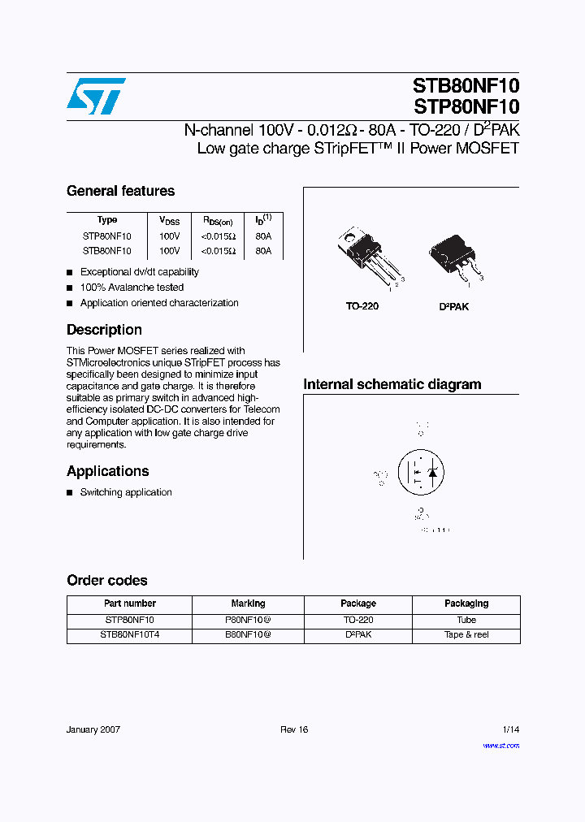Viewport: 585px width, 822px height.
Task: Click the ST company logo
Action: pyautogui.click(x=96, y=97)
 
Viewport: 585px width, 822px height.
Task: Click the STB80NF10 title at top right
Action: pyautogui.click(x=466, y=87)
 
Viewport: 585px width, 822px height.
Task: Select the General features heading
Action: pyautogui.click(x=120, y=191)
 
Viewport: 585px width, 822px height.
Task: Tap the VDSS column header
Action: pyautogui.click(x=169, y=221)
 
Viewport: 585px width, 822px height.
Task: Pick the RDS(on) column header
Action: pyautogui.click(x=218, y=221)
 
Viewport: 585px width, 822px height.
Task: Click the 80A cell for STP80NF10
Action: pyautogui.click(x=263, y=236)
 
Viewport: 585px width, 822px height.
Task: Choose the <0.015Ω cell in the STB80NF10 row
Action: pyautogui.click(x=219, y=252)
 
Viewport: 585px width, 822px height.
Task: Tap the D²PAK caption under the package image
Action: pyautogui.click(x=454, y=307)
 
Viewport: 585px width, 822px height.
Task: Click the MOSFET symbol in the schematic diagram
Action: pyautogui.click(x=421, y=472)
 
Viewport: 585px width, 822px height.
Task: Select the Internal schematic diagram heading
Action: pyautogui.click(x=392, y=384)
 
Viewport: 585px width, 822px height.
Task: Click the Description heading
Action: pyautogui.click(x=104, y=330)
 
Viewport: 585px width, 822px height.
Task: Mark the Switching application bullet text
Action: pyautogui.click(x=126, y=492)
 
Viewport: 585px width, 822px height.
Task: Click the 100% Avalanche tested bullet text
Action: pyautogui.click(x=132, y=288)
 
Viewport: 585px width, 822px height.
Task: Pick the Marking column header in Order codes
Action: pyautogui.click(x=248, y=604)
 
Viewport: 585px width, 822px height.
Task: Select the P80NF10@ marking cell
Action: pyautogui.click(x=248, y=620)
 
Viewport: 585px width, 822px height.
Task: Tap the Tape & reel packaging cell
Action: pyautogui.click(x=466, y=635)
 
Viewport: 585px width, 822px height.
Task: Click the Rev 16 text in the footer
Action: pyautogui.click(x=294, y=729)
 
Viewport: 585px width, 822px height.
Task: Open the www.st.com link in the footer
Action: pyautogui.click(x=500, y=746)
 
